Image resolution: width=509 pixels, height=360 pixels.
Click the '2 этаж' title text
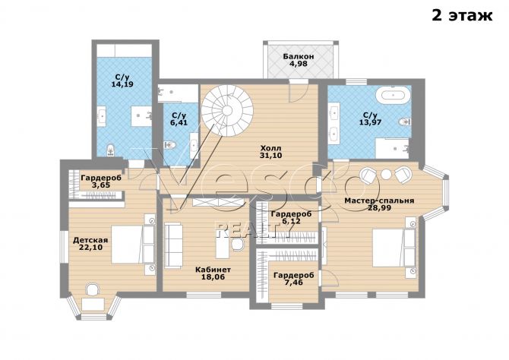(x=462, y=15)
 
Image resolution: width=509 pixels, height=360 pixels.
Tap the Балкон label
(x=299, y=56)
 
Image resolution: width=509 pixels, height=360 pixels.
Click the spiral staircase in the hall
(x=227, y=110)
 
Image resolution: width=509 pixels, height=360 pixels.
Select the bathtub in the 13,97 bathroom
(x=393, y=95)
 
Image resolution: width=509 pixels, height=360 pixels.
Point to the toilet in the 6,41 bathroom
(x=169, y=145)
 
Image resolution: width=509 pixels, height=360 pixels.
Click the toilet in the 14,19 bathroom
(x=111, y=150)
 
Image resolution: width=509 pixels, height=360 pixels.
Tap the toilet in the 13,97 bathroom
(x=404, y=122)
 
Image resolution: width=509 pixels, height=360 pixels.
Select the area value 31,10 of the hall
(x=270, y=156)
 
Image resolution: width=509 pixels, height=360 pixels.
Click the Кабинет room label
(x=213, y=270)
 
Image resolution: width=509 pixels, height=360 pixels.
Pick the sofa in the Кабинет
(x=172, y=245)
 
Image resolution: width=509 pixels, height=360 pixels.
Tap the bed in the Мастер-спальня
(x=394, y=248)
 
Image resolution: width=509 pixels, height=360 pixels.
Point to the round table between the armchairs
(x=386, y=175)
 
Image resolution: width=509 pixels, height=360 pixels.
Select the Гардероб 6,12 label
(x=291, y=217)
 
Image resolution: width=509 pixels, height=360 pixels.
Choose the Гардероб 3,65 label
(x=101, y=182)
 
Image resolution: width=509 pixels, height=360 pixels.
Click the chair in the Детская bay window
(x=92, y=289)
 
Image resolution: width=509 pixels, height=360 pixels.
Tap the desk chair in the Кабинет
(x=237, y=244)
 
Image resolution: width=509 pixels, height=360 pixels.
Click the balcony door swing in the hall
(x=298, y=93)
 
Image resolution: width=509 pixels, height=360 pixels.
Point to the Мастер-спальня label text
(x=379, y=201)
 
